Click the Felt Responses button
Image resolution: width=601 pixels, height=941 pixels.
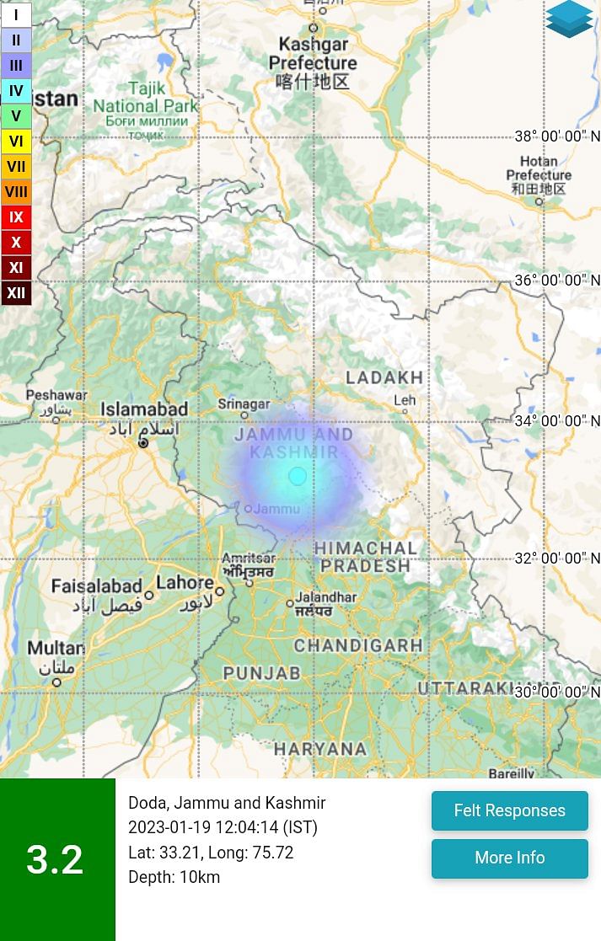[509, 810]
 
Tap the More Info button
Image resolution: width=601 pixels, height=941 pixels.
[509, 858]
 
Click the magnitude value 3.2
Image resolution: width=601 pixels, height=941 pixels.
[55, 859]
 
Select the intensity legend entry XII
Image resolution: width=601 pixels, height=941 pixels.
[16, 293]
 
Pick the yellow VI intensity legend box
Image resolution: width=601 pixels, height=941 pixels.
[16, 142]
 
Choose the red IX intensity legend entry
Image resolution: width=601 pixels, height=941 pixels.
[16, 217]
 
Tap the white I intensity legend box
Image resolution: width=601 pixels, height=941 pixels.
[16, 15]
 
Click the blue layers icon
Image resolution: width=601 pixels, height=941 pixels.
[569, 19]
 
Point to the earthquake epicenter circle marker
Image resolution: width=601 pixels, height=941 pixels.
[298, 476]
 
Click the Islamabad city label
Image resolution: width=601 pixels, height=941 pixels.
[144, 409]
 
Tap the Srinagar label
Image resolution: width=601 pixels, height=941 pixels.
[244, 404]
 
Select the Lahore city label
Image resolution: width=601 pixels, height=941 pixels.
[185, 582]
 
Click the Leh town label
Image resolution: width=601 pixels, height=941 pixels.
[405, 400]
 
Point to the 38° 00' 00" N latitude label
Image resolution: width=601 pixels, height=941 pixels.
[557, 136]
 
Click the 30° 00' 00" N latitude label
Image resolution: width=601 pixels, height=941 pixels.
[557, 692]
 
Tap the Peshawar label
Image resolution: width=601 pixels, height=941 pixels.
[56, 395]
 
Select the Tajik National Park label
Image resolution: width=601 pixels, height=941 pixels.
[145, 97]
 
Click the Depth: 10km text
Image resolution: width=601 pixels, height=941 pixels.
[174, 877]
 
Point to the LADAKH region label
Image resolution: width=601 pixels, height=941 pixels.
[384, 377]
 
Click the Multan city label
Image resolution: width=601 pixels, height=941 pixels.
[56, 648]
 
